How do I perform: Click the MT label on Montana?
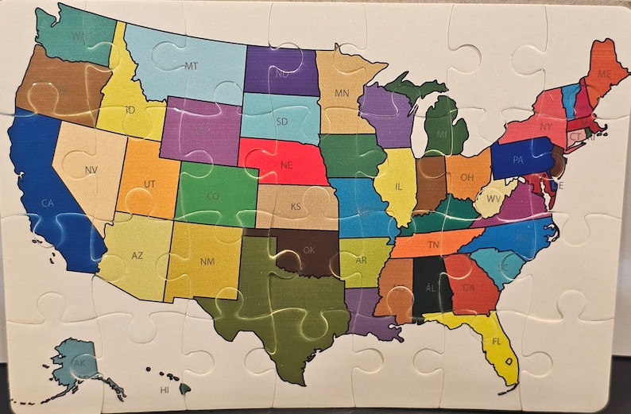pos(192,66)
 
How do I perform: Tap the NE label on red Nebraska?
pos(288,166)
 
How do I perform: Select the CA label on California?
pos(48,203)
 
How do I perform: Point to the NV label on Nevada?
pos(91,169)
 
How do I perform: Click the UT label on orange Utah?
pos(149,184)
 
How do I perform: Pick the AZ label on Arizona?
pos(137,256)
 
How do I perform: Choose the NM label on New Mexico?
pos(207,261)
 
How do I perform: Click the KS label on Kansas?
pos(296,207)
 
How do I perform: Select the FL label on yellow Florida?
pos(497,342)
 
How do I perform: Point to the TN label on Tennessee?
pos(434,245)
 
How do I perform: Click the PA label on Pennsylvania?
pos(518,160)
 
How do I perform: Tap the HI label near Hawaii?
pos(165,390)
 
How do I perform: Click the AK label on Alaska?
pos(79,363)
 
